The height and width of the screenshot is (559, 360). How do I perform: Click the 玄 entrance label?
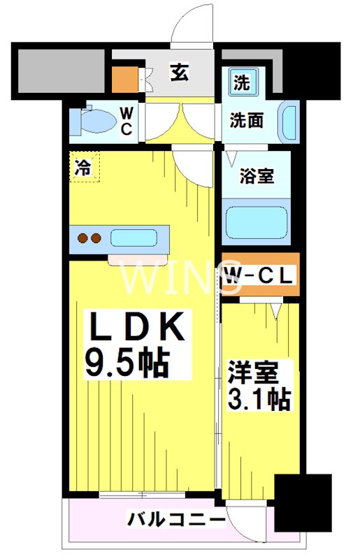[179, 73]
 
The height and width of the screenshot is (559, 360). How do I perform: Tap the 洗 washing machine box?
[240, 83]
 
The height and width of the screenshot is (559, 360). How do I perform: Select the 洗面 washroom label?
[247, 120]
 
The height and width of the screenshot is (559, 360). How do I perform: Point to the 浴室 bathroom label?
[257, 175]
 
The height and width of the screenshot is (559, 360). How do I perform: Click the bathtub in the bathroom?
[256, 223]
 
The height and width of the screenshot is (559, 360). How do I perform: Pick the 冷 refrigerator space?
[84, 167]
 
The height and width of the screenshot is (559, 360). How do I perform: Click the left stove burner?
[82, 238]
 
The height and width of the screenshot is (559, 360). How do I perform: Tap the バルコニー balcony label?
[175, 520]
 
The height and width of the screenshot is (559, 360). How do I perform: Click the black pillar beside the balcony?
[302, 503]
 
